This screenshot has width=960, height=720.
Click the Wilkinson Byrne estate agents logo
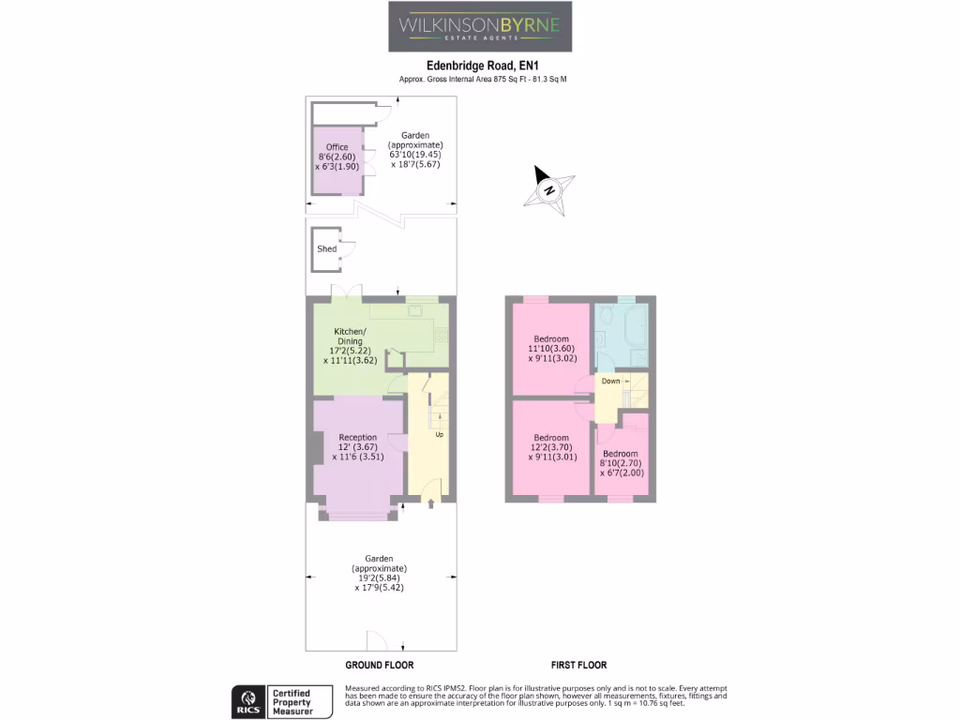click(x=480, y=26)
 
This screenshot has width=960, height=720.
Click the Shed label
click(x=326, y=249)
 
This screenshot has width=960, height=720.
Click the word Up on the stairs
click(x=439, y=435)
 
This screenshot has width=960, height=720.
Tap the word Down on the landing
click(x=610, y=382)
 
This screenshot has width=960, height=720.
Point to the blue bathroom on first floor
click(x=621, y=336)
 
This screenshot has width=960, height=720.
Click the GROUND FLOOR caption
click(x=380, y=665)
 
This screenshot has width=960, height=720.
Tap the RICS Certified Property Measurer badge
click(x=282, y=701)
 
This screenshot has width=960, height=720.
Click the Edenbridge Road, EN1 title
click(x=483, y=66)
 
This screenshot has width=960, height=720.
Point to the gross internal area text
click(x=483, y=80)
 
